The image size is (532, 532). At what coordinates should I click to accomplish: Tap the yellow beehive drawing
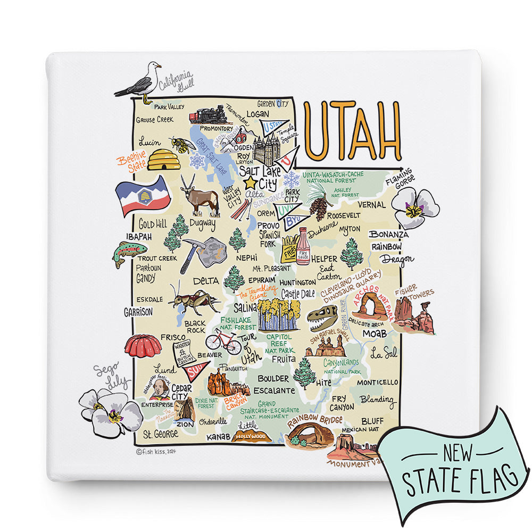[163, 159]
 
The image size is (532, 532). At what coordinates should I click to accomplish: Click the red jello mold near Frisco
[143, 346]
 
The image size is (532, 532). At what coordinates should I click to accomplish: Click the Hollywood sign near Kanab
[251, 437]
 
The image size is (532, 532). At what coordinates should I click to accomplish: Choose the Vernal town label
[371, 205]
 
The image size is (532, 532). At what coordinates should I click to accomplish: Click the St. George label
[159, 434]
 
